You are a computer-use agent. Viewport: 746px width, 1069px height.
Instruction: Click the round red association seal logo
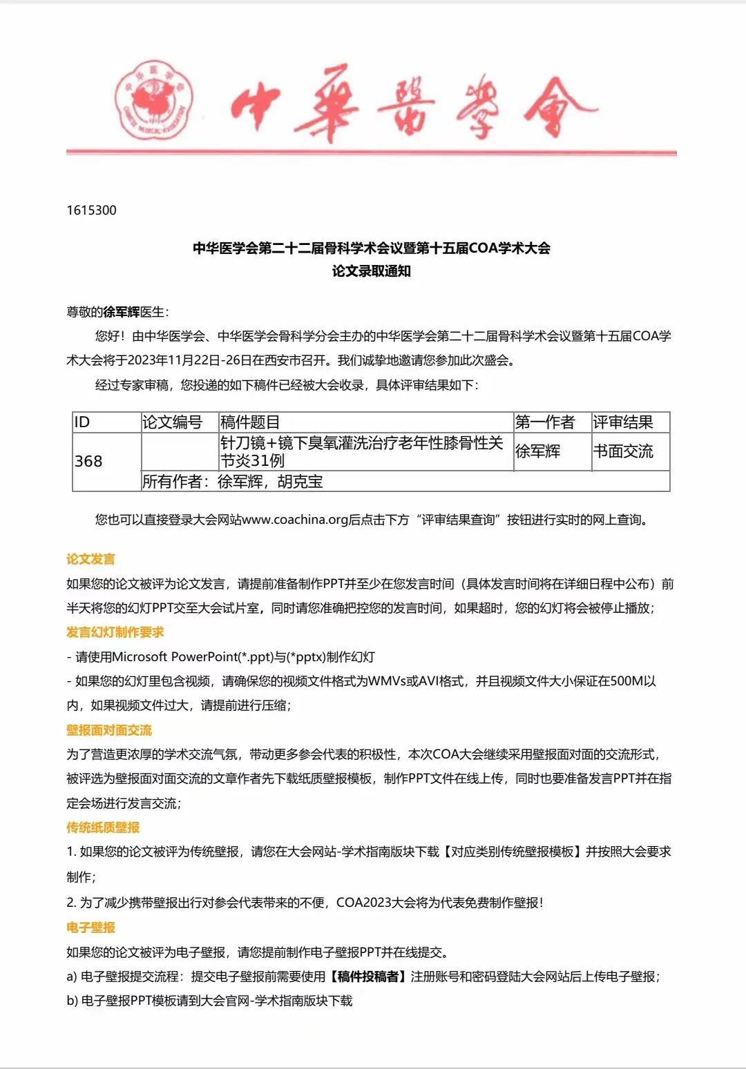pyautogui.click(x=153, y=99)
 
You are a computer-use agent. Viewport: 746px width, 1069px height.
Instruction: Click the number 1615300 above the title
pyautogui.click(x=91, y=210)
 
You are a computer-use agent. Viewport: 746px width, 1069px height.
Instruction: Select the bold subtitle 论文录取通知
pyautogui.click(x=372, y=271)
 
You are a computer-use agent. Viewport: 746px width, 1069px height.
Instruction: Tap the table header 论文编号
pyautogui.click(x=172, y=422)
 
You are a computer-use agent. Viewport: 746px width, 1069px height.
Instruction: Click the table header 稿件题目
pyautogui.click(x=249, y=422)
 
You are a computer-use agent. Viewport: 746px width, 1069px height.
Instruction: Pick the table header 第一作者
pyautogui.click(x=545, y=422)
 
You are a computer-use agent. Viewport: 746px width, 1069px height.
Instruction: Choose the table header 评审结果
pyautogui.click(x=622, y=422)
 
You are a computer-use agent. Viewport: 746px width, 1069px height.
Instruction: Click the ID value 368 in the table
pyautogui.click(x=88, y=461)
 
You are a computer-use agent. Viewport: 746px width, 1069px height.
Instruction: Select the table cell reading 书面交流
pyautogui.click(x=622, y=451)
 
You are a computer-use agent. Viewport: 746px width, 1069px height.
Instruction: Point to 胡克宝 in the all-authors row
pyautogui.click(x=300, y=482)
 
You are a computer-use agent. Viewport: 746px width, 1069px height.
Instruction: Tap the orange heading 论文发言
pyautogui.click(x=90, y=559)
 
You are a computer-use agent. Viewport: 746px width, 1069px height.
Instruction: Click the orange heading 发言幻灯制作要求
pyautogui.click(x=115, y=632)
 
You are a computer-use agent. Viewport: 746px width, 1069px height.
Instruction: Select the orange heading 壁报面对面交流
pyautogui.click(x=109, y=730)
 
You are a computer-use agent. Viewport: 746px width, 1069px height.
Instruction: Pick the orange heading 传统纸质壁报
pyautogui.click(x=103, y=827)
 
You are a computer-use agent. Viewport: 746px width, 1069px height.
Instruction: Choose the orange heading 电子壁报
pyautogui.click(x=90, y=928)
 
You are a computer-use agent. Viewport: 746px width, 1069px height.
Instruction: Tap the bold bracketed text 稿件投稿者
pyautogui.click(x=368, y=977)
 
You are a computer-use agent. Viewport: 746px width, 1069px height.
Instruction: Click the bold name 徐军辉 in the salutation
pyautogui.click(x=122, y=312)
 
